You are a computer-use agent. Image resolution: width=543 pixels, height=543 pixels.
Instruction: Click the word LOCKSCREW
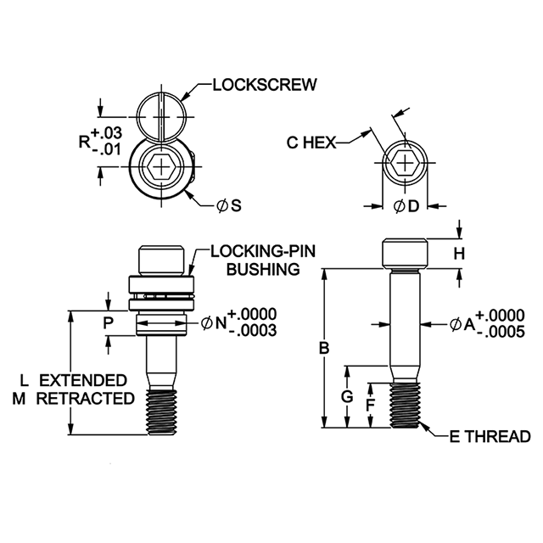265,85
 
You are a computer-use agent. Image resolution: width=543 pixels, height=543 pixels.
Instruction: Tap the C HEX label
311,143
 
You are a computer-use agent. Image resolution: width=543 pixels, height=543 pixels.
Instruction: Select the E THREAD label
490,436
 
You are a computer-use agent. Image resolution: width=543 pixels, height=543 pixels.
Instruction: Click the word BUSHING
263,269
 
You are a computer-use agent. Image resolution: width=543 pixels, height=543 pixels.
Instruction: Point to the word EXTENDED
83,380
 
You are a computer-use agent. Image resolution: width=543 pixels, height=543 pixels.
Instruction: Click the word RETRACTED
86,398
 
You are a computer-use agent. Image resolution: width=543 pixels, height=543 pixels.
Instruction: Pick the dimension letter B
324,348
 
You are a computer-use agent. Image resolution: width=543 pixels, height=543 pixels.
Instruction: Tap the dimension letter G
347,397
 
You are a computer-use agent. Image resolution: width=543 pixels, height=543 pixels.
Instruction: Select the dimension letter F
371,405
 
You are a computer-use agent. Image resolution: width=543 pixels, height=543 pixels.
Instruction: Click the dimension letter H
459,254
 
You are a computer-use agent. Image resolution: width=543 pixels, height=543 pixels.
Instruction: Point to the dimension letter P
109,323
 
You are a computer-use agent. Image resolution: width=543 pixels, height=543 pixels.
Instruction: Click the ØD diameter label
406,206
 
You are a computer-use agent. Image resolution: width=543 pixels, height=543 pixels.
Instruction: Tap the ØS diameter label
228,205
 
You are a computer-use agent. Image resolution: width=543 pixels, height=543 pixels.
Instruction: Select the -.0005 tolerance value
501,332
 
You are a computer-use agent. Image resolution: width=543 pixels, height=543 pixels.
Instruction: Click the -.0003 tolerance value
253,331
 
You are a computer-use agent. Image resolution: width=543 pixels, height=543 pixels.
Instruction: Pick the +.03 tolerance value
107,132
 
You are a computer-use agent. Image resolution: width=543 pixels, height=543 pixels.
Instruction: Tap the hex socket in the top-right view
405,162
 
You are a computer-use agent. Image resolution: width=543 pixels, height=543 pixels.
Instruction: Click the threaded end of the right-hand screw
406,405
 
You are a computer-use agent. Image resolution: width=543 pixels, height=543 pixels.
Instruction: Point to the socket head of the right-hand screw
406,254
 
